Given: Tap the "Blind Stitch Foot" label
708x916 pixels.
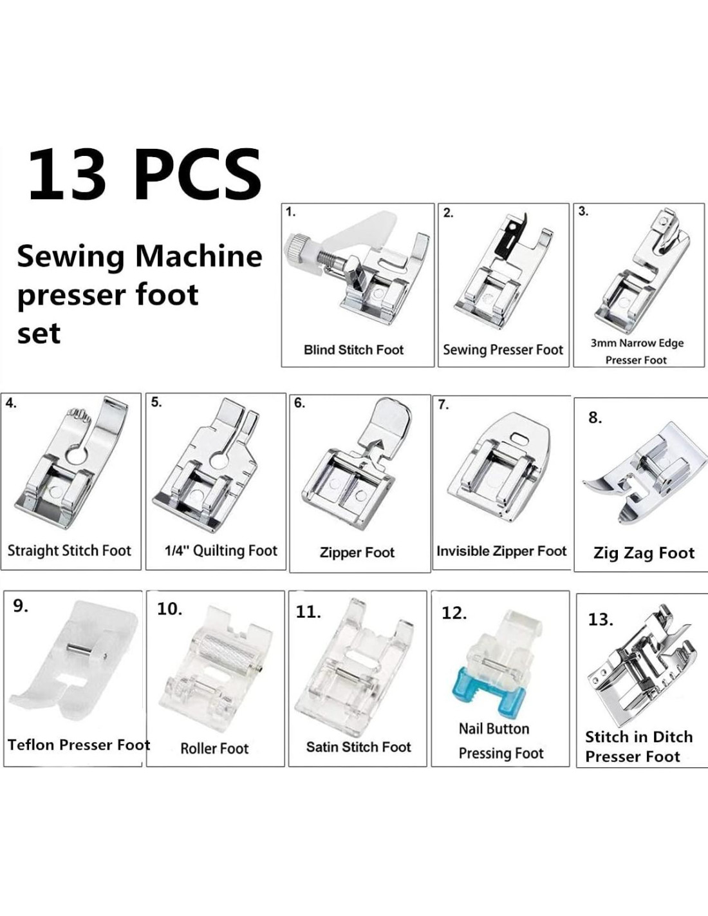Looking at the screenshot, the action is pos(353,350).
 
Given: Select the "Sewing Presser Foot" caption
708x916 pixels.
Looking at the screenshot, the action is pos(503,350).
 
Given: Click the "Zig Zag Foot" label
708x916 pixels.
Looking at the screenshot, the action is pos(644,553).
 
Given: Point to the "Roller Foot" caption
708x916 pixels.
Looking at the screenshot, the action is pos(214,749).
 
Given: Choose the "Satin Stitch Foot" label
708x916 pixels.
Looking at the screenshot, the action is pos(359,747).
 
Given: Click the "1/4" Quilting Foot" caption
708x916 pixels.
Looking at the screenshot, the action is pos(221,551).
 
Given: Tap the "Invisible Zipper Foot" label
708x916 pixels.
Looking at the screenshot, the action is pos(501,551).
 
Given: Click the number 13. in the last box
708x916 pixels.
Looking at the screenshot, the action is pos(601,620).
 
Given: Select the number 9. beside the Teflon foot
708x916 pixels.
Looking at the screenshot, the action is pos(21,606).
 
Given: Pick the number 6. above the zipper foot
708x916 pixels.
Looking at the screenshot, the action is pos(299,403).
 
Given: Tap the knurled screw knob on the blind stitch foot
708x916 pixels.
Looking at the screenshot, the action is pos(299,251).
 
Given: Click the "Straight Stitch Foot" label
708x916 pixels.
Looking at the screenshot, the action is pos(70,551).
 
